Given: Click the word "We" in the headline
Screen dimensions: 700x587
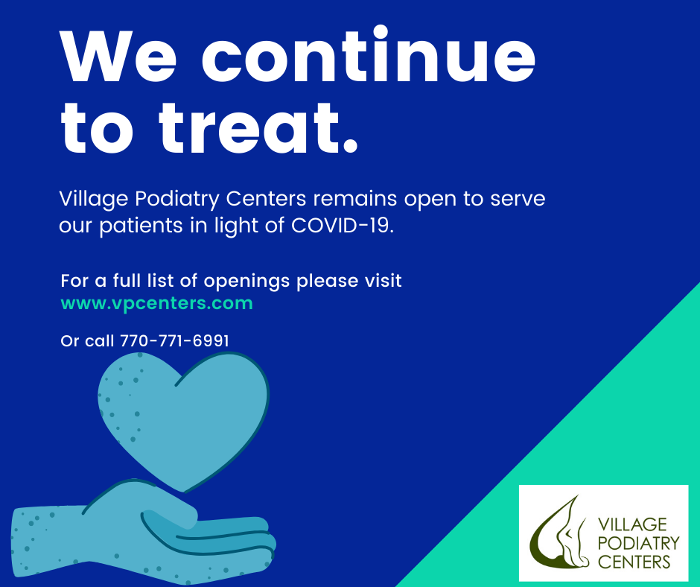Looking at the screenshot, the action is pos(118,57).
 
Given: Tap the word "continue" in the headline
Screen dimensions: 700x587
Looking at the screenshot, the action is pos(369,54).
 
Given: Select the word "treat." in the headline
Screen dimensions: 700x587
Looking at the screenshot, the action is pos(259,127).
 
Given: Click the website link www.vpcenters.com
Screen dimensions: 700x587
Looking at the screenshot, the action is pos(156,303).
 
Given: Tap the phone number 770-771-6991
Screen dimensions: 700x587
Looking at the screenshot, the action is pos(174,341).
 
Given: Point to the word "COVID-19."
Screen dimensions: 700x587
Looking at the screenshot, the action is pos(343,225).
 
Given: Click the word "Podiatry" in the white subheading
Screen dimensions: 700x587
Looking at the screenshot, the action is pos(176,199).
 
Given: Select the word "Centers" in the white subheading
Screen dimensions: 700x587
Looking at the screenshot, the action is pos(266,199).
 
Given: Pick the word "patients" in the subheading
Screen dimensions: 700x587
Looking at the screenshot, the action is pos(141,226).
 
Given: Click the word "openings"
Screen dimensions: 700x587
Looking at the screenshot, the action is pos(247,282).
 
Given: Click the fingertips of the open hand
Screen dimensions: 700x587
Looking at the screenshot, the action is pos(268,543).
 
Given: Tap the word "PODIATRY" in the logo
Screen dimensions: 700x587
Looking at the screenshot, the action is pos(638,543).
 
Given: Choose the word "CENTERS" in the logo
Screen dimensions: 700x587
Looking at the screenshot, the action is pos(634,562).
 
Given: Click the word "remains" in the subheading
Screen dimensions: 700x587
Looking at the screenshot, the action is pos(355,199).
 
